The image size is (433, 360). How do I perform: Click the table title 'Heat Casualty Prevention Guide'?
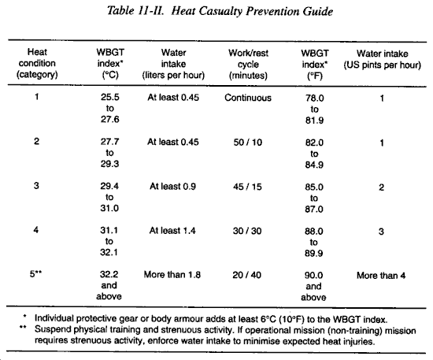(x=252, y=12)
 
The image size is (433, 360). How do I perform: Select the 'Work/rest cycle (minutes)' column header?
(x=248, y=64)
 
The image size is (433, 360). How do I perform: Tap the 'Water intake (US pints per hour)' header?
(x=382, y=59)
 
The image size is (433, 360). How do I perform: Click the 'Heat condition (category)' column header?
(x=37, y=63)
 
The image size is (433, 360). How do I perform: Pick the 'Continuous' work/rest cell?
(x=248, y=98)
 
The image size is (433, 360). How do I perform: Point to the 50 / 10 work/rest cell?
(x=248, y=143)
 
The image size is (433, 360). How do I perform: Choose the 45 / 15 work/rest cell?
(x=247, y=187)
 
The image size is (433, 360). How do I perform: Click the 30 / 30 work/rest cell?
(x=247, y=231)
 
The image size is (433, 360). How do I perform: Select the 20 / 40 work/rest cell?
(x=246, y=275)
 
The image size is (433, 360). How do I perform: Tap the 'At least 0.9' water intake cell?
(x=172, y=187)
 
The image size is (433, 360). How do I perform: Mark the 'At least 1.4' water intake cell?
(x=172, y=231)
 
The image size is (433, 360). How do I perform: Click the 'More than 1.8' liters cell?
(x=172, y=275)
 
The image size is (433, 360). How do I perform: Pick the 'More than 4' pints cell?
(x=381, y=276)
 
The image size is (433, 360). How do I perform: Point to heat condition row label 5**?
(x=35, y=274)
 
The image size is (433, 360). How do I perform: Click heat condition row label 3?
(x=36, y=185)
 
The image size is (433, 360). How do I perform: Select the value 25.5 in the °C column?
(x=110, y=97)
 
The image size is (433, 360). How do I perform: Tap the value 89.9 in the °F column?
(x=313, y=253)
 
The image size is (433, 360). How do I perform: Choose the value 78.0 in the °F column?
(x=315, y=98)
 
